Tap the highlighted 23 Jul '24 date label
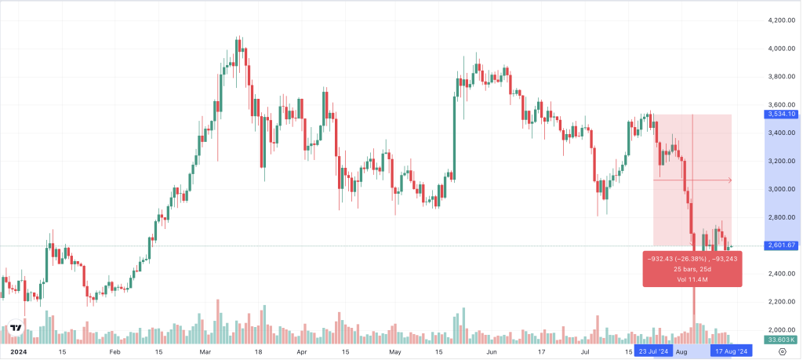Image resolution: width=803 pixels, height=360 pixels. (653, 352)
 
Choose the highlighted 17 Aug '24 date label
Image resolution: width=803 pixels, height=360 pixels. (732, 352)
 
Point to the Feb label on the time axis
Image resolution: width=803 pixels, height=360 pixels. (114, 352)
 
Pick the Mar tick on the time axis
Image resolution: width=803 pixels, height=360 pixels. (205, 352)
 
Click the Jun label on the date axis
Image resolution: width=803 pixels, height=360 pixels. (492, 352)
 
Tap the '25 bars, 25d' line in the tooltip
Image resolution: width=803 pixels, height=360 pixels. (692, 269)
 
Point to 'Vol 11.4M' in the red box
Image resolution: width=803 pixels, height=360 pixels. (692, 280)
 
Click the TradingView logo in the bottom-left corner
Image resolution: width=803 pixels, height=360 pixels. (15, 329)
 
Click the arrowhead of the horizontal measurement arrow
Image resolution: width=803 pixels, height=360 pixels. (729, 180)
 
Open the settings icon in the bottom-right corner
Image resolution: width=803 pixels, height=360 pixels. (781, 352)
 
